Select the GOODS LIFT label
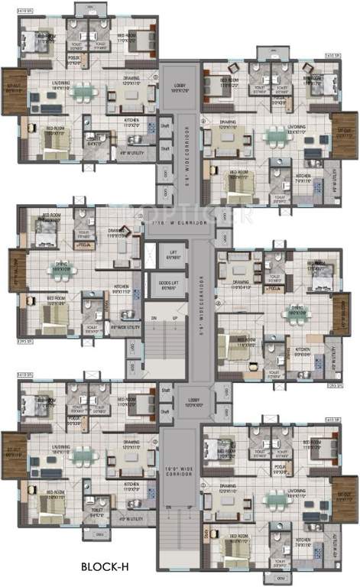coord(173,285)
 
